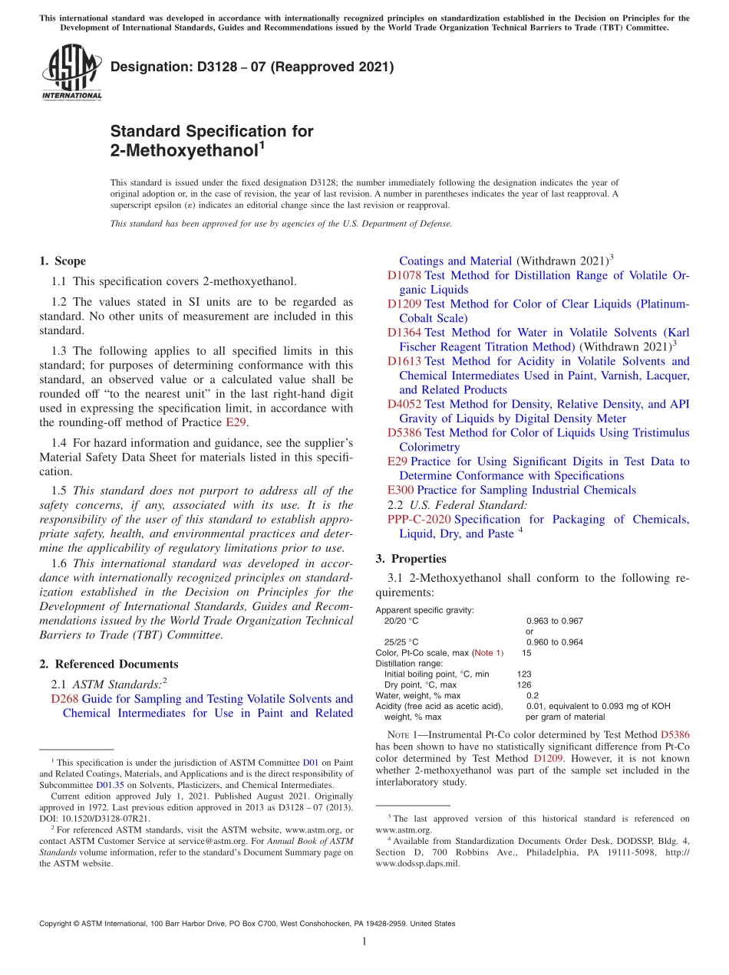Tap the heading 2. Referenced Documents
click(x=108, y=664)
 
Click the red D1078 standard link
click(x=404, y=275)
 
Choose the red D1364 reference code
click(x=404, y=333)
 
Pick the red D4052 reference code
click(x=404, y=404)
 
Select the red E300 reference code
click(x=401, y=490)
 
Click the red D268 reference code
click(x=64, y=698)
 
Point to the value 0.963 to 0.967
click(x=554, y=620)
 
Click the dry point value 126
click(x=524, y=684)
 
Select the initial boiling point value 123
click(x=524, y=674)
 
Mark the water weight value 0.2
click(x=533, y=695)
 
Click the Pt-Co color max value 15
click(x=526, y=652)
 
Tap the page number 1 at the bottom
click(x=364, y=942)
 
